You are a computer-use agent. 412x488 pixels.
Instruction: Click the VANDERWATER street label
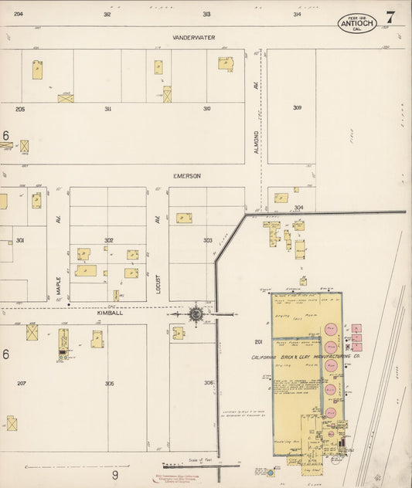(194, 37)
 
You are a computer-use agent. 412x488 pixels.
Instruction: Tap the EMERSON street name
(186, 176)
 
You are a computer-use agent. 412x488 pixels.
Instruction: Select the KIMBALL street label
(105, 313)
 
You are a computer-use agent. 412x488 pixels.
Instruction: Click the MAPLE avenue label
(59, 286)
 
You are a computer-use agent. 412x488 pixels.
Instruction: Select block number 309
(297, 107)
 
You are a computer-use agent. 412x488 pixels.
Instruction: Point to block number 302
(109, 241)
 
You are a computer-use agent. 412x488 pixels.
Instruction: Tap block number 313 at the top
(206, 15)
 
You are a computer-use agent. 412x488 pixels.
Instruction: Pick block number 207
(21, 383)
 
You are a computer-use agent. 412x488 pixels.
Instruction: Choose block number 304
(298, 207)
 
